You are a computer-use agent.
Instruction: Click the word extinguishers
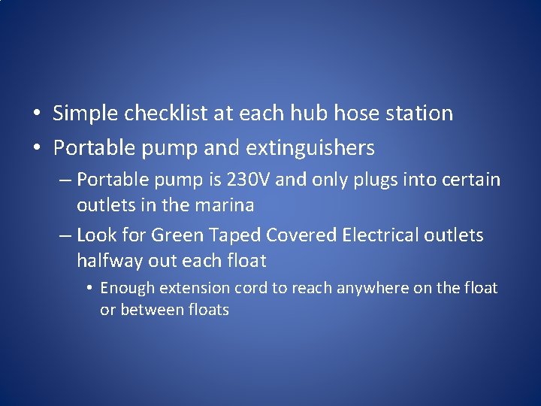pos(311,148)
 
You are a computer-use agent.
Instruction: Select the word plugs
pos(353,180)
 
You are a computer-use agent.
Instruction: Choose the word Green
pos(177,235)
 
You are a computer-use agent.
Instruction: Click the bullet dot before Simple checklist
pos(36,114)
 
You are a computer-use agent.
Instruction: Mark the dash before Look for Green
pos(65,236)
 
